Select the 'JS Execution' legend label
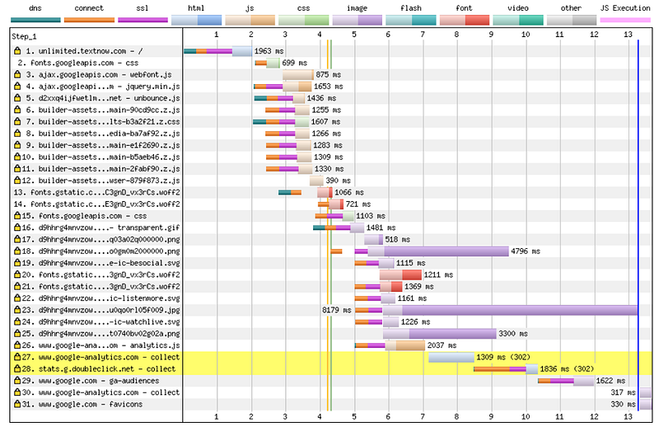point(625,7)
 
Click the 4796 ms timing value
point(526,251)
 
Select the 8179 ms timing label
point(337,310)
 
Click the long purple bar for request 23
point(511,310)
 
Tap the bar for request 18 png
point(445,251)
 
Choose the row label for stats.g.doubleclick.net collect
point(97,369)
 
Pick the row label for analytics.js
point(97,345)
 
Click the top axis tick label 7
point(423,35)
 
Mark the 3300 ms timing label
point(514,334)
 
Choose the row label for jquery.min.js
point(97,86)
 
